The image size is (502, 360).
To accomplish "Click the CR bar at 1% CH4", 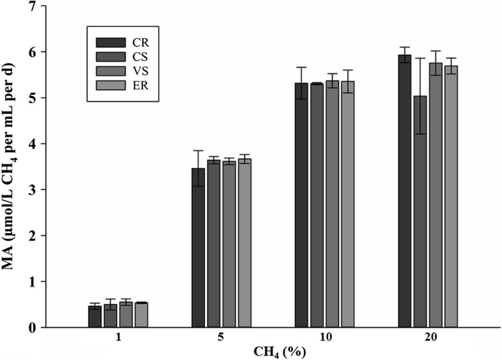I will (95, 317).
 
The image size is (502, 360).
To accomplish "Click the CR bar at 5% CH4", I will (198, 248).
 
